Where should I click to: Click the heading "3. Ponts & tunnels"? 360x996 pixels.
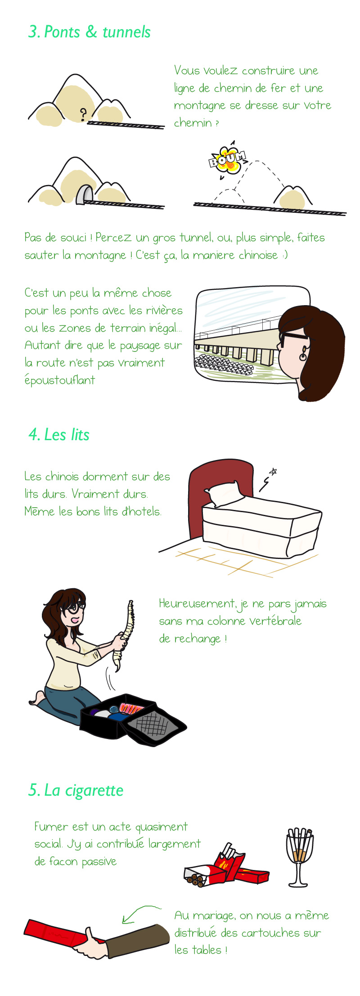click(x=89, y=32)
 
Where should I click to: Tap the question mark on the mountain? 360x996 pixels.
click(x=83, y=115)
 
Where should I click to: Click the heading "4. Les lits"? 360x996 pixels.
click(x=59, y=435)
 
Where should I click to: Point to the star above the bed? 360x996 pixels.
click(x=273, y=472)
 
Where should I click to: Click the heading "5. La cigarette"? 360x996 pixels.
click(x=76, y=790)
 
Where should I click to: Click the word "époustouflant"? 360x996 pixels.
click(x=60, y=380)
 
